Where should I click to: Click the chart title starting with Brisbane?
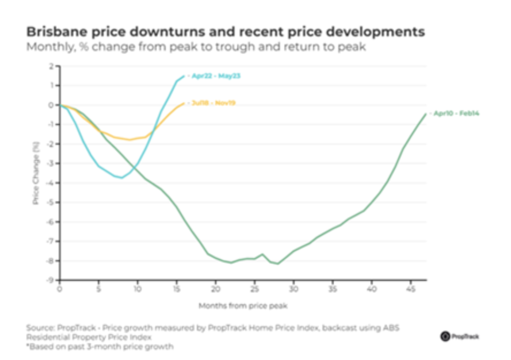pos(226,32)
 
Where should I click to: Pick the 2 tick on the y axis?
pos(52,66)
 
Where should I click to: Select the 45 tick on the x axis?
pos(410,288)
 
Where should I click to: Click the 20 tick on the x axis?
pos(215,288)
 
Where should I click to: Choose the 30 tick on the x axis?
pos(293,288)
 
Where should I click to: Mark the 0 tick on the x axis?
pos(59,288)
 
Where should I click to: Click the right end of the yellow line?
pos(184,104)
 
